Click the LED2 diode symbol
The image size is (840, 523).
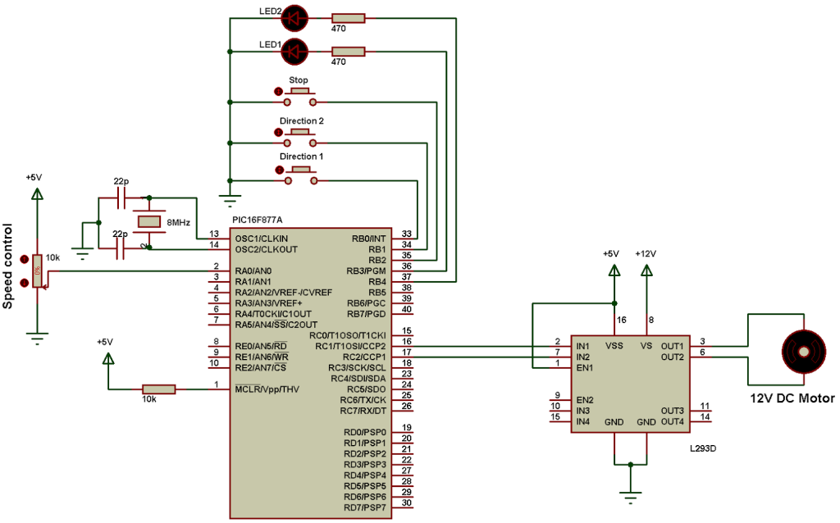[294, 19]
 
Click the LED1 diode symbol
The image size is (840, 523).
[294, 52]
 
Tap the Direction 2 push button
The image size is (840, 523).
[299, 138]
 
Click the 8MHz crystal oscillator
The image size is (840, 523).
[149, 221]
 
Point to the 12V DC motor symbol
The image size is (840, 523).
[804, 352]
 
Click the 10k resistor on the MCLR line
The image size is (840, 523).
[158, 389]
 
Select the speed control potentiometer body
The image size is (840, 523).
[37, 271]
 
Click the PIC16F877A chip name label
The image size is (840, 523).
[257, 220]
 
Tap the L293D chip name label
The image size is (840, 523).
[703, 448]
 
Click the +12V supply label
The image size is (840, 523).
[646, 254]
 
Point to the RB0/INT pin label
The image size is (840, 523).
[368, 239]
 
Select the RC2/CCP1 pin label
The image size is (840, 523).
[364, 357]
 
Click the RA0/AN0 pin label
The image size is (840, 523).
[253, 271]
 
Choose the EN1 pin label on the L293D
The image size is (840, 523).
[584, 368]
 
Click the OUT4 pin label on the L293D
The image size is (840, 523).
[673, 422]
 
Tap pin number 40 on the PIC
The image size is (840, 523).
[407, 309]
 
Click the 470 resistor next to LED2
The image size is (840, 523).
[348, 19]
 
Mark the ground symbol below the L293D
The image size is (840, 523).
[631, 498]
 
